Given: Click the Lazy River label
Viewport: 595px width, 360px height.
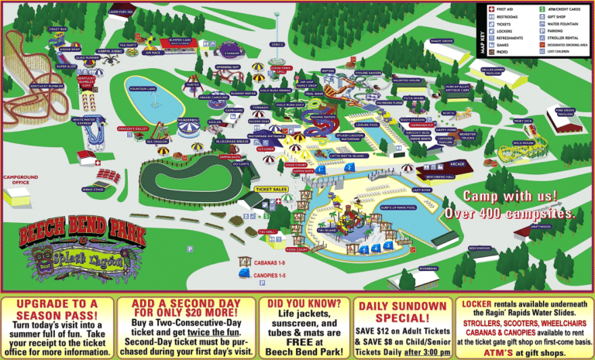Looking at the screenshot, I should (442, 189).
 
